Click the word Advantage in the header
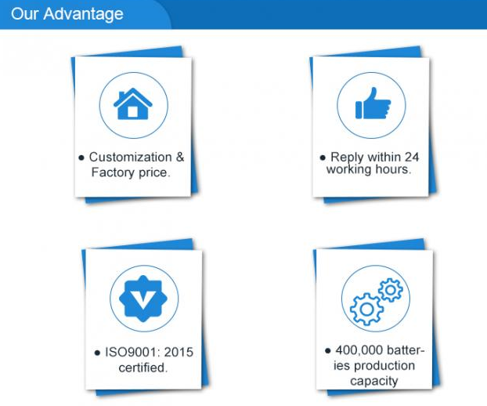[83, 15]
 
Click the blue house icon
[133, 103]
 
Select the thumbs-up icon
[373, 103]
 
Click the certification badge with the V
[143, 299]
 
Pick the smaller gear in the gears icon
[391, 290]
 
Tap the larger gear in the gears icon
[366, 310]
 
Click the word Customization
[131, 157]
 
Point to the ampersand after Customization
[180, 157]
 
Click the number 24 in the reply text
[412, 157]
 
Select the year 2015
[179, 352]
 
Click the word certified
[143, 368]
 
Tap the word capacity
[374, 381]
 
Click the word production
[384, 366]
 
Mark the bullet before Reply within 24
[323, 158]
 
